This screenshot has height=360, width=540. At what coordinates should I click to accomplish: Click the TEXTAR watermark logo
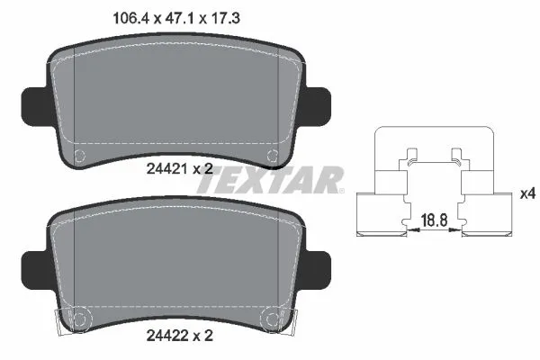coord(270,180)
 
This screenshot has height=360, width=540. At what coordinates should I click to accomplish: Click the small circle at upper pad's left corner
coord(78,155)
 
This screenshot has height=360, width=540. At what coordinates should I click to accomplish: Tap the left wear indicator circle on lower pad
coord(77,319)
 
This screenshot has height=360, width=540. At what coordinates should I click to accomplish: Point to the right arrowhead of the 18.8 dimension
coord(460,231)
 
